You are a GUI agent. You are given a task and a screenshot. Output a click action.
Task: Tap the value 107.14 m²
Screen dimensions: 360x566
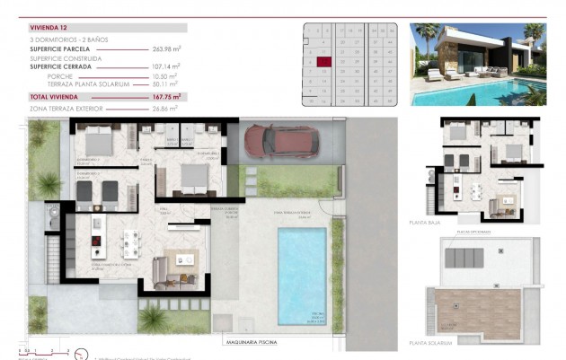[x=167, y=67]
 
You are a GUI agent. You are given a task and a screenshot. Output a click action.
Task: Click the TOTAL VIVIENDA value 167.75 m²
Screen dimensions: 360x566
[x=166, y=95]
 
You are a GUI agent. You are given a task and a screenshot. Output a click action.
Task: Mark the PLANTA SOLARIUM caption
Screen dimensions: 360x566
[x=431, y=342]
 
